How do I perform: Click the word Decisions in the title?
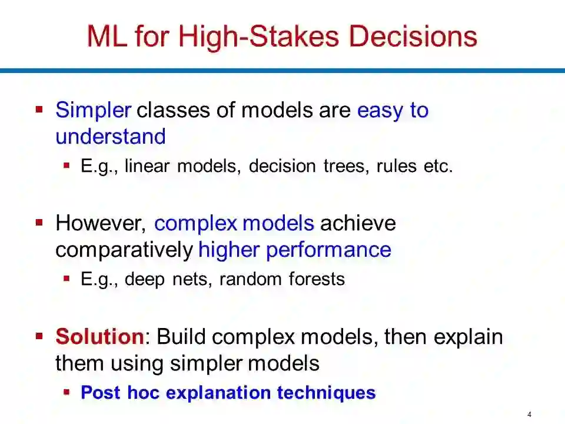[413, 37]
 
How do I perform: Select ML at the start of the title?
[107, 37]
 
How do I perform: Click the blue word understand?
[111, 137]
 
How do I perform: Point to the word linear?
[147, 166]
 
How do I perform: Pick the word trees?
[346, 166]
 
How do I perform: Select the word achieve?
[358, 223]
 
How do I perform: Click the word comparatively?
[124, 250]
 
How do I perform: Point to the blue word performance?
[328, 250]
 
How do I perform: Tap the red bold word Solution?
[100, 336]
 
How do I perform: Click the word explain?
[468, 337]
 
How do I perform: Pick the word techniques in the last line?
[326, 393]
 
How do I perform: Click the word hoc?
[143, 392]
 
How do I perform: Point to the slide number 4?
[529, 415]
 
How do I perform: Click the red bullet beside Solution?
[39, 336]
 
